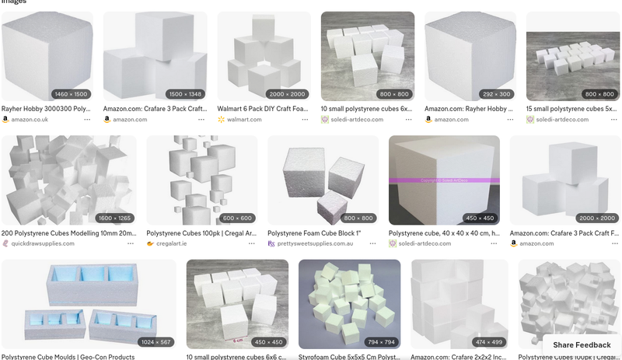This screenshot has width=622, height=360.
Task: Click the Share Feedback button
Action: (582, 344)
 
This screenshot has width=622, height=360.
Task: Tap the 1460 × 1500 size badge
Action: (72, 94)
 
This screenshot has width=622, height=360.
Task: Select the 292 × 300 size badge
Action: (497, 94)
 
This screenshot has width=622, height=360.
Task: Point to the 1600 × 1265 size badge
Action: (114, 218)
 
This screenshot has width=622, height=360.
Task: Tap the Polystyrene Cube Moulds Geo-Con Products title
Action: (68, 357)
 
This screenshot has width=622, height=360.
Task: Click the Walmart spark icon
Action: (222, 120)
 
